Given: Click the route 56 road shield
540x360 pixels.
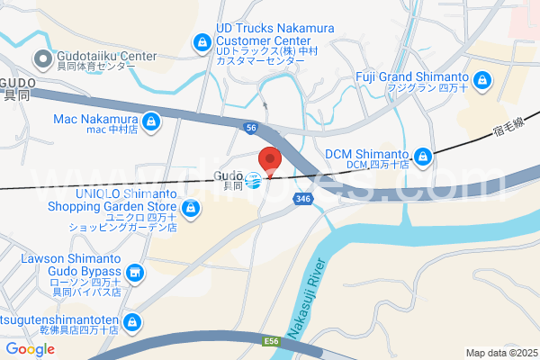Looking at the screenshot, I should (250, 128).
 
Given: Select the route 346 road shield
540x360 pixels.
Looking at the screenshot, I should (303, 199).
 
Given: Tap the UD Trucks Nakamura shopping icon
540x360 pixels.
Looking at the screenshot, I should (202, 42).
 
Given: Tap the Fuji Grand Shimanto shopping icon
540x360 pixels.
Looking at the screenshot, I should (482, 82).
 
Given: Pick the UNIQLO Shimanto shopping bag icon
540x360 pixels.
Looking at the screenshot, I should (190, 210).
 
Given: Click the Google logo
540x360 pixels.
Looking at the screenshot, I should (30, 349).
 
